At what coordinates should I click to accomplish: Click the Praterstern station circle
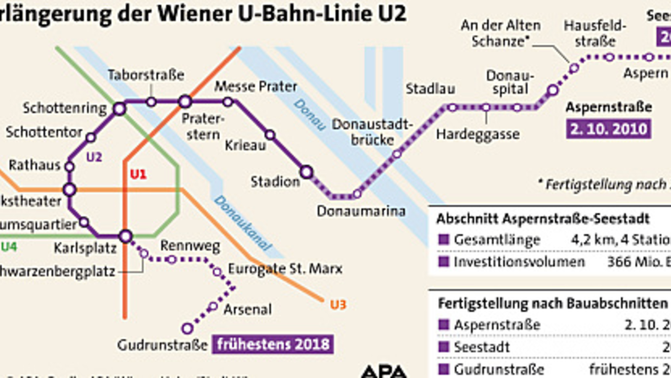[x=185, y=101]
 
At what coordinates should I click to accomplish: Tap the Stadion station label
[x=275, y=182]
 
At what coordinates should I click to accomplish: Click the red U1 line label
[x=138, y=174]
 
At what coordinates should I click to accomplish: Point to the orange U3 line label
[x=338, y=304]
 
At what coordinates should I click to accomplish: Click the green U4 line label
[x=9, y=247]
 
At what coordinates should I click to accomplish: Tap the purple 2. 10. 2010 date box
[x=609, y=129]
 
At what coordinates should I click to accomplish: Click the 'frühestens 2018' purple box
[x=273, y=344]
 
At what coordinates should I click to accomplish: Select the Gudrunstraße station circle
[x=187, y=328]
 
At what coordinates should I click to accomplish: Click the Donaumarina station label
[x=361, y=211]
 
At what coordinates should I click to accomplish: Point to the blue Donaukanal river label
[x=243, y=223]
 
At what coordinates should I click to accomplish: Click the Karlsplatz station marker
[x=125, y=236]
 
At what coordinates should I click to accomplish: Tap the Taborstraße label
[x=146, y=75]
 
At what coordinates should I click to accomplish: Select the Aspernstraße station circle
[x=553, y=90]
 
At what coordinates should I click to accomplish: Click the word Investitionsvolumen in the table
[x=519, y=262]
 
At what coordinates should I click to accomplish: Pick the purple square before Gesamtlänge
[x=443, y=239]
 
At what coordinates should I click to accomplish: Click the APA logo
[x=384, y=372]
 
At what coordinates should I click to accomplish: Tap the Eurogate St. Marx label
[x=285, y=268]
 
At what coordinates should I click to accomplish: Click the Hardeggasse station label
[x=478, y=134]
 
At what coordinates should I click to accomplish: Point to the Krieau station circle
[x=270, y=135]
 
